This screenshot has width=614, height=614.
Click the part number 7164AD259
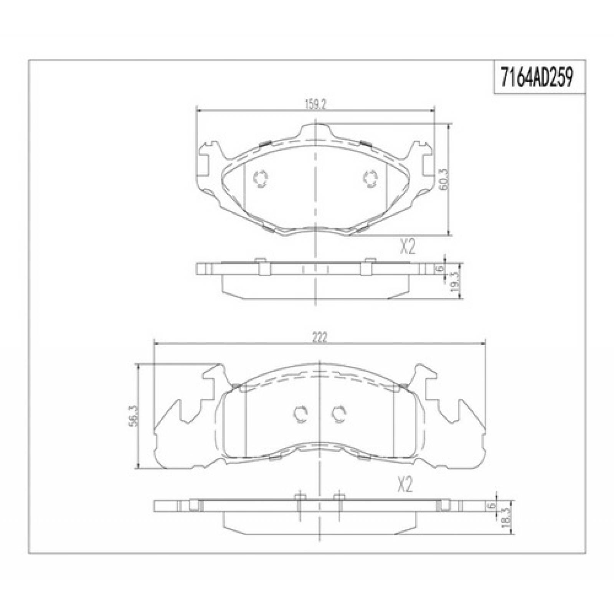tap(539, 78)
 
